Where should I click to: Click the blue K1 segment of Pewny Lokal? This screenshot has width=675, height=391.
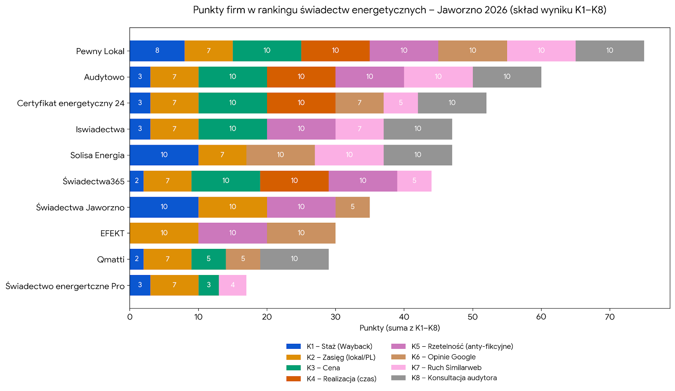(x=157, y=51)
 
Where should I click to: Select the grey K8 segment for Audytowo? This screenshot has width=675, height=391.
(x=507, y=77)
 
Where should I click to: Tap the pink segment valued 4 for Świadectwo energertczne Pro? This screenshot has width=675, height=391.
(x=232, y=285)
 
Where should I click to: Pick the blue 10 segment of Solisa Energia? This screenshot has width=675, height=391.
(x=164, y=155)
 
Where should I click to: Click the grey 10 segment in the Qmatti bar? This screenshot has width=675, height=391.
(x=294, y=259)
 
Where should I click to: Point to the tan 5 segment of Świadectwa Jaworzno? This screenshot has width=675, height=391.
(x=352, y=207)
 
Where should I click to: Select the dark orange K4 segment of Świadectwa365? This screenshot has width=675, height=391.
(x=294, y=181)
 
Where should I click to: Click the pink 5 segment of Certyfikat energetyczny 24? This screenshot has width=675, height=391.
(x=400, y=103)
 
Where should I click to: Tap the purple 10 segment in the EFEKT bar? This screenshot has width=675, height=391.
(x=232, y=233)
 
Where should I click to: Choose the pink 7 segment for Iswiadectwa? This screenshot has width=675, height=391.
(x=359, y=129)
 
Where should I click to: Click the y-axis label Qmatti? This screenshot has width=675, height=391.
(x=111, y=259)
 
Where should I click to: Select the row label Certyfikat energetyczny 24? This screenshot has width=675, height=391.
(x=71, y=103)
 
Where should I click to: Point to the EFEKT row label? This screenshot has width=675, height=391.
(x=112, y=233)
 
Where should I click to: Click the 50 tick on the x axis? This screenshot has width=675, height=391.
(x=472, y=317)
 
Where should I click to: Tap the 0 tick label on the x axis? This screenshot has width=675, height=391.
(x=130, y=317)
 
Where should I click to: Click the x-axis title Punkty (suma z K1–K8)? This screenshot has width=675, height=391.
(x=400, y=328)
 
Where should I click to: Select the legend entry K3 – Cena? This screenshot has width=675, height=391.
(x=323, y=368)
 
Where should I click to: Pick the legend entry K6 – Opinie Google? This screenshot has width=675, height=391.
(x=443, y=357)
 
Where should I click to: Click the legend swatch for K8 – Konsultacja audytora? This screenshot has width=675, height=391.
(x=398, y=378)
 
